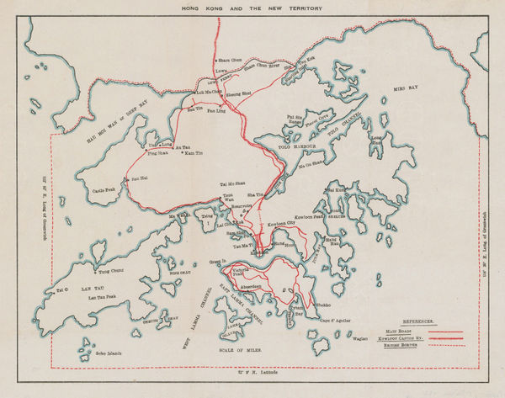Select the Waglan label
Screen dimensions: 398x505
(359, 339)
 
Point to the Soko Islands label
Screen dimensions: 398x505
(107, 353)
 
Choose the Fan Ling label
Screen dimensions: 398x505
(215, 110)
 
